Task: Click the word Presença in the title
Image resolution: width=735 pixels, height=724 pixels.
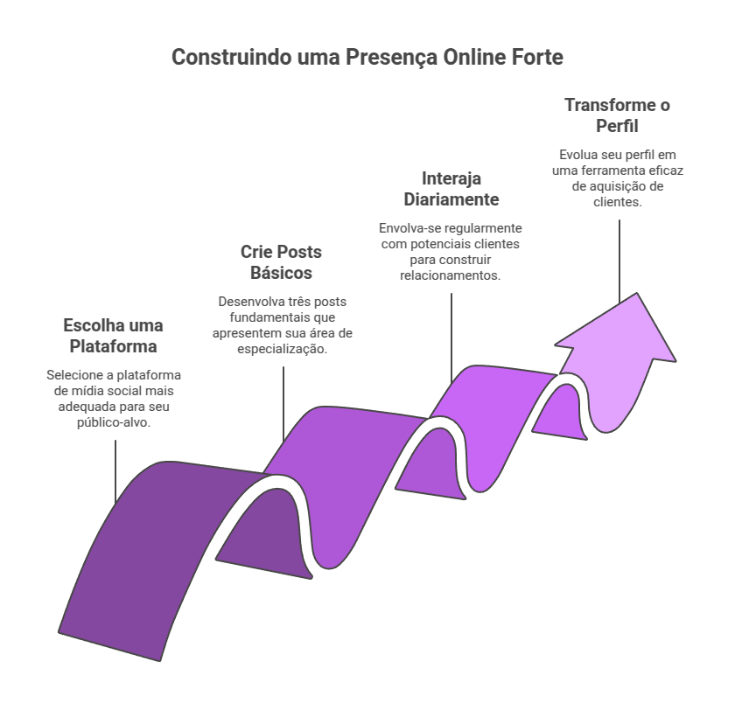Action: coord(392,58)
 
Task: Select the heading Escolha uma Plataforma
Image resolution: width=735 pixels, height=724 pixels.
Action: coord(114,336)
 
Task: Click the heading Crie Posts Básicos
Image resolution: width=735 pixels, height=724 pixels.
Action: coord(281,262)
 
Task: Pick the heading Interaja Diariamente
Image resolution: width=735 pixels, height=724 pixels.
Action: coord(451,189)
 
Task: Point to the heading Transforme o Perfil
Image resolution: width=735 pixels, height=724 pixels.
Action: coord(618,115)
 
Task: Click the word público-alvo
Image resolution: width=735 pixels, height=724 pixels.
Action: coord(114,422)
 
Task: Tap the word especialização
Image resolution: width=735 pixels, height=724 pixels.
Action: coord(282,349)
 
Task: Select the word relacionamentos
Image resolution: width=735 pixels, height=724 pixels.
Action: coord(451,275)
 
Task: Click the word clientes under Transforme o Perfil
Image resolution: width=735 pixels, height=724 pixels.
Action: coord(618,202)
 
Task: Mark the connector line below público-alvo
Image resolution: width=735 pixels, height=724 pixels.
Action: coord(115,472)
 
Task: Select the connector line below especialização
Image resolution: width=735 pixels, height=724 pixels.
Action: coord(283,404)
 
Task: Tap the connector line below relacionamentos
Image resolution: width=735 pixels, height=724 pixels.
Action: coord(451,338)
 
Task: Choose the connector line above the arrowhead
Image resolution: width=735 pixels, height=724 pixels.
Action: coord(619,261)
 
